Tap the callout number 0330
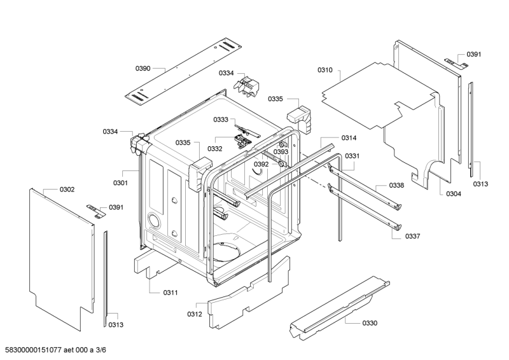(370, 323)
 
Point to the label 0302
(67, 190)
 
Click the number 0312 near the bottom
(195, 314)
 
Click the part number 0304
(453, 193)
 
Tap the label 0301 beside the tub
(121, 183)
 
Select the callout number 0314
(349, 138)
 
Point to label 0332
(214, 149)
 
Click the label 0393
(281, 152)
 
